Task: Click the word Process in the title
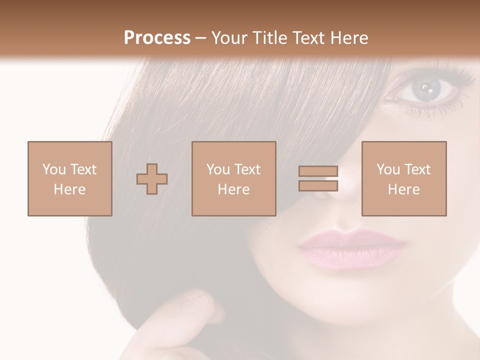click(157, 38)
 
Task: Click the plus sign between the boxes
click(152, 178)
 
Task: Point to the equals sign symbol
click(318, 178)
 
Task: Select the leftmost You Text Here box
click(69, 178)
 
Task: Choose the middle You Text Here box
click(233, 178)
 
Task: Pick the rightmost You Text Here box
click(404, 178)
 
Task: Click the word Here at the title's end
click(349, 38)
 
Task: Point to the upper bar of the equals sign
click(318, 171)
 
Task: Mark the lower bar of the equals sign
click(318, 185)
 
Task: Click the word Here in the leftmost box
click(69, 189)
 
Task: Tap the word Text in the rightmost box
click(418, 169)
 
